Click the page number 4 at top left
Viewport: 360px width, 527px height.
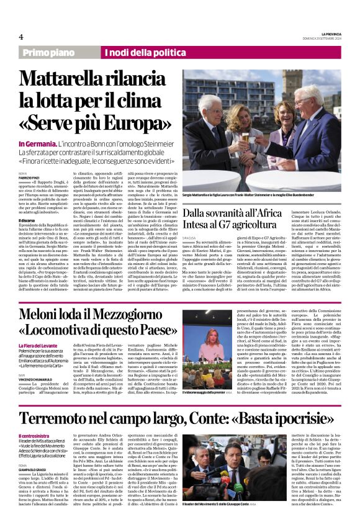point(21,37)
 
